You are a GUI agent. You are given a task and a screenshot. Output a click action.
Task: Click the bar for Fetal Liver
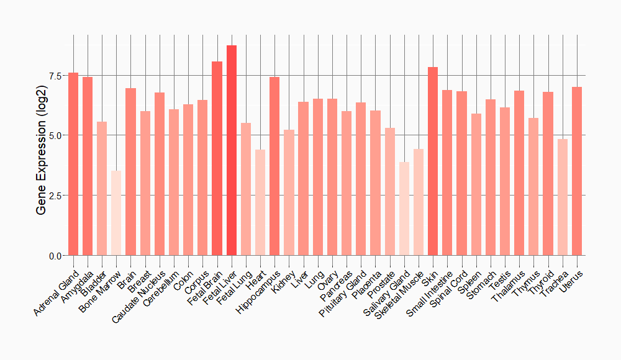click(232, 150)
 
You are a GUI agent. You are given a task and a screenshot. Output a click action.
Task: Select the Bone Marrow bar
click(116, 213)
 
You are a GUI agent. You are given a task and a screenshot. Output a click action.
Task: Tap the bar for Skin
click(433, 161)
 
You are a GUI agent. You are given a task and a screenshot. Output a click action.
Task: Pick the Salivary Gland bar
click(404, 209)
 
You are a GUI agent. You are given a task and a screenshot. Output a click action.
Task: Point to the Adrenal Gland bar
click(73, 164)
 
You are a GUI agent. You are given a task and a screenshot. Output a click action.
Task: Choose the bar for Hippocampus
click(274, 166)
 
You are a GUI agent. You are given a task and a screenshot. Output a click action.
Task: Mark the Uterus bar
click(577, 171)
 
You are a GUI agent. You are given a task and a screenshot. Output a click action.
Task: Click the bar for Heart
click(260, 202)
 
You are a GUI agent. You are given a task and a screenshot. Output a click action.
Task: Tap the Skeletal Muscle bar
click(419, 202)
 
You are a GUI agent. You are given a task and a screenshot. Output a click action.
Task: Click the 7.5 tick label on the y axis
click(55, 76)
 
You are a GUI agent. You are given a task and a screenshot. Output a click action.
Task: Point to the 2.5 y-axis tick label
click(55, 196)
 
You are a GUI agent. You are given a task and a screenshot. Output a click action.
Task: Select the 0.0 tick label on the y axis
click(55, 256)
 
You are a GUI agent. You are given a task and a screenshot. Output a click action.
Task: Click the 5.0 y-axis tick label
click(55, 135)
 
